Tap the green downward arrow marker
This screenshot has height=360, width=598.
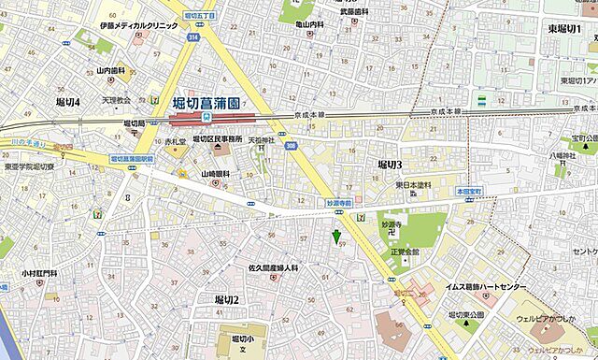[x=336, y=236]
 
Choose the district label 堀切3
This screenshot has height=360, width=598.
[x=389, y=165]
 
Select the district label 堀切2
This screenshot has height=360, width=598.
[x=227, y=299]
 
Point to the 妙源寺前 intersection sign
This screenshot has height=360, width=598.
[x=342, y=202]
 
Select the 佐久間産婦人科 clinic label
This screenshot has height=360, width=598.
[x=272, y=268]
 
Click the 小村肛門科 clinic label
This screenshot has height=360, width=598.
[x=40, y=274]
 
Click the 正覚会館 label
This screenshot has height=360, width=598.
[x=406, y=252]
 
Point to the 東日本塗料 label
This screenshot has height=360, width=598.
[x=412, y=185]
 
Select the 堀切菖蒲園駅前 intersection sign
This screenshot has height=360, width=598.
[x=132, y=160]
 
